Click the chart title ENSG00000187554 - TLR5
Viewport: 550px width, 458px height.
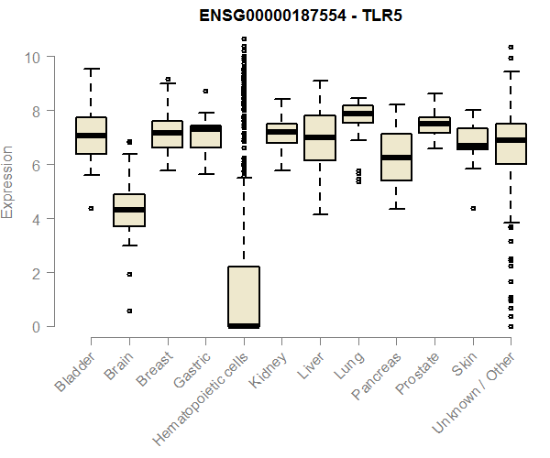coord(302,15)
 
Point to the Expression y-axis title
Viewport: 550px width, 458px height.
coord(8,181)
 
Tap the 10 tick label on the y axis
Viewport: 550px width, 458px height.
coord(33,57)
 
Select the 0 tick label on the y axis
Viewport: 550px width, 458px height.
coord(38,327)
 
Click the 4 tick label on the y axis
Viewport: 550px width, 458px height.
coord(38,219)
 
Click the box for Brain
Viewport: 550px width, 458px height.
coord(129,210)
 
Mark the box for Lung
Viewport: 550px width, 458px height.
coord(357,114)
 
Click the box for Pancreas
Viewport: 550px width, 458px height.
coord(395,157)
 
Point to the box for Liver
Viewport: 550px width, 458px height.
coord(319,137)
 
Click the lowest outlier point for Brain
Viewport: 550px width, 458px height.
coord(129,311)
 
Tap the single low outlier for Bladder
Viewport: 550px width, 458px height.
coord(91,208)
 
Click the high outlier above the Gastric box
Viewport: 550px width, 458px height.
coord(205,91)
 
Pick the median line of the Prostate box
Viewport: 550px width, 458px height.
coord(434,124)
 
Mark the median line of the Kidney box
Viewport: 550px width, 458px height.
coord(281,132)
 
